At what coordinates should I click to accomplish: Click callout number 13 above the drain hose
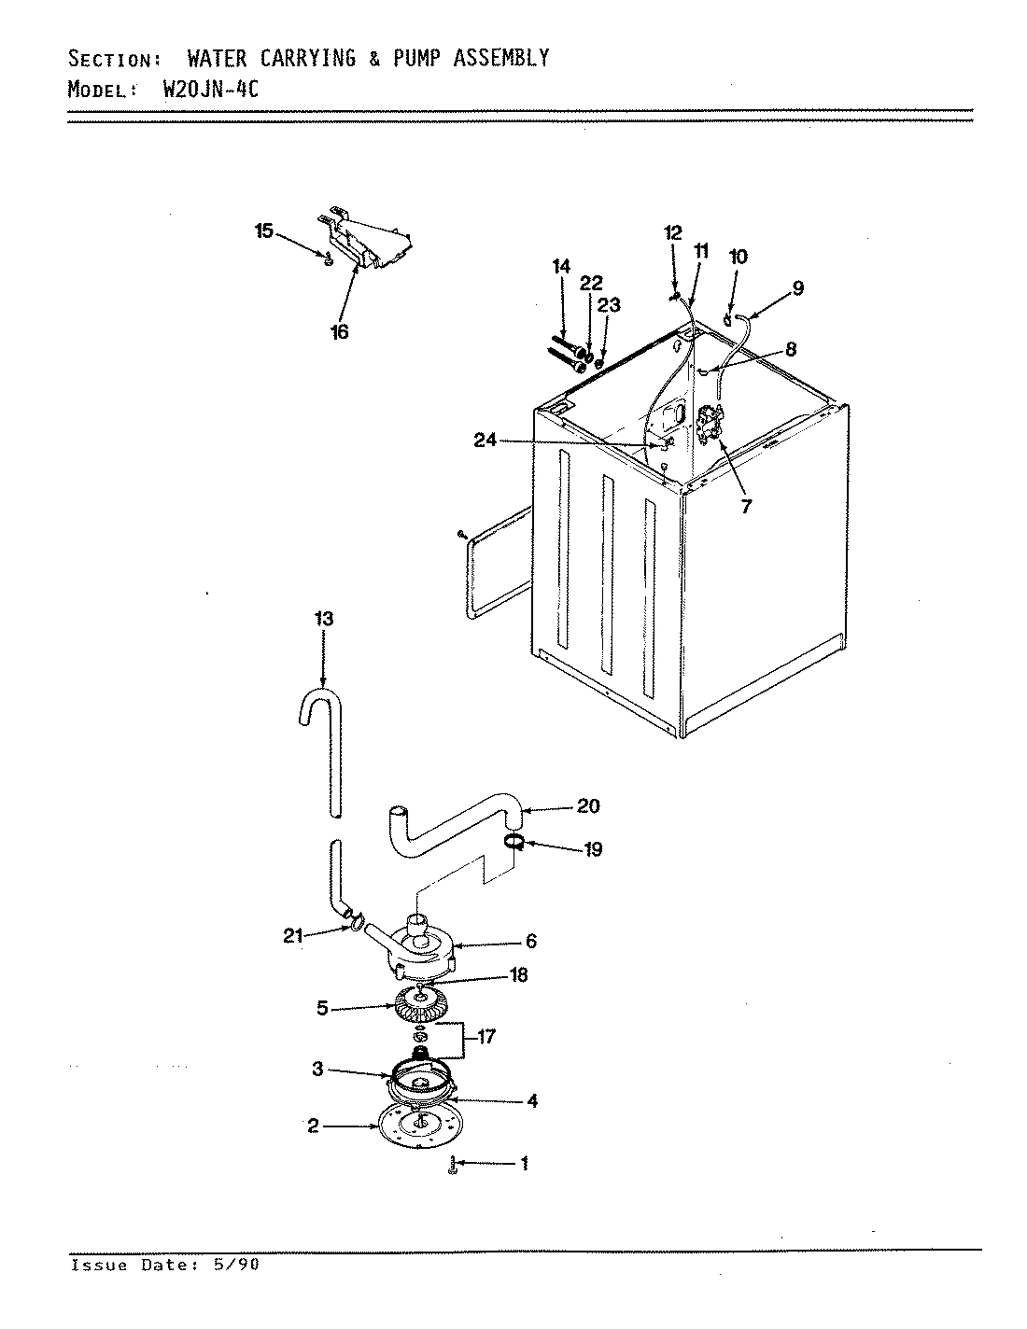click(323, 619)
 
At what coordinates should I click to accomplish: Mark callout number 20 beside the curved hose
click(588, 805)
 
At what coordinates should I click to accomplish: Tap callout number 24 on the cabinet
click(485, 441)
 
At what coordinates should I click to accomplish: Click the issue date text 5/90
click(240, 1266)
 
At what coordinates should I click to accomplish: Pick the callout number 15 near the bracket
click(265, 231)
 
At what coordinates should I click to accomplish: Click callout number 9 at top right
click(797, 288)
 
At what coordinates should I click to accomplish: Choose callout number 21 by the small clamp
click(294, 936)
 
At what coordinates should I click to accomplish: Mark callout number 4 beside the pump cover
click(531, 1101)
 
